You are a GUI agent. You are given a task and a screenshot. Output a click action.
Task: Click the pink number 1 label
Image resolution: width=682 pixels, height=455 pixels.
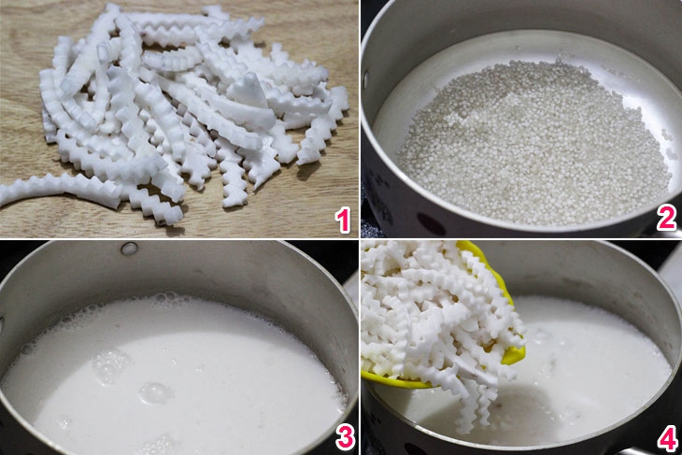click(343, 220)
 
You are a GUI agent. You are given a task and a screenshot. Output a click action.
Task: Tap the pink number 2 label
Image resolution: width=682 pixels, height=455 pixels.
click(666, 219)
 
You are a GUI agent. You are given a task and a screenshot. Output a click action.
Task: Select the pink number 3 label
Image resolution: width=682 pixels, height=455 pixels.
click(345, 437)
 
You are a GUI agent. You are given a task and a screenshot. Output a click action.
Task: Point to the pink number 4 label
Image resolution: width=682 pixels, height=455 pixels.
click(667, 438)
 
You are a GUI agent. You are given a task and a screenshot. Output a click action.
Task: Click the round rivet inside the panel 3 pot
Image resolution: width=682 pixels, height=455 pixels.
click(129, 249)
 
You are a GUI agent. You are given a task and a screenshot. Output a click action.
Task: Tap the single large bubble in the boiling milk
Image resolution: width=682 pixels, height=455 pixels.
click(153, 392)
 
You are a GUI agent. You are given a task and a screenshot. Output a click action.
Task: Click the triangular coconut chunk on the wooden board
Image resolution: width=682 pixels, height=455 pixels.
click(249, 91)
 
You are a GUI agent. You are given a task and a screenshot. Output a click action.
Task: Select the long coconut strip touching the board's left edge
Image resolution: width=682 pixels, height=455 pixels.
click(61, 188)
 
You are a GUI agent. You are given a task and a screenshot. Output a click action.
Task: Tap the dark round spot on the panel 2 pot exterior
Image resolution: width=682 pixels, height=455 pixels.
click(431, 224)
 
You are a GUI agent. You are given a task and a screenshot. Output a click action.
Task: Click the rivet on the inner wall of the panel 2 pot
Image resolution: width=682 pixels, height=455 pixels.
click(364, 79)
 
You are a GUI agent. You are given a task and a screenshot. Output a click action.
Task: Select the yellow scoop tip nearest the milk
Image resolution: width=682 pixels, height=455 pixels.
click(513, 354)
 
